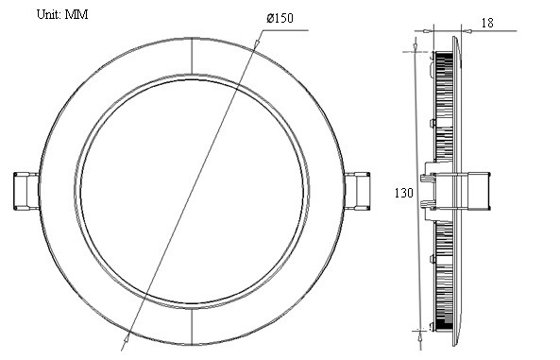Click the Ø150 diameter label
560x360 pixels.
(280, 18)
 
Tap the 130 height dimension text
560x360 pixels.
(403, 193)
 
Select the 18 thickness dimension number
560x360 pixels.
(487, 23)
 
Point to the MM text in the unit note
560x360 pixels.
(76, 14)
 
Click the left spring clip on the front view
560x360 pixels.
(26, 191)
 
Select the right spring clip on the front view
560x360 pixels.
(357, 191)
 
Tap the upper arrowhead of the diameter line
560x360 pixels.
(257, 42)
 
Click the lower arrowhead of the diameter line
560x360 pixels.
(126, 340)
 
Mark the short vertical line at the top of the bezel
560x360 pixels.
(192, 56)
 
